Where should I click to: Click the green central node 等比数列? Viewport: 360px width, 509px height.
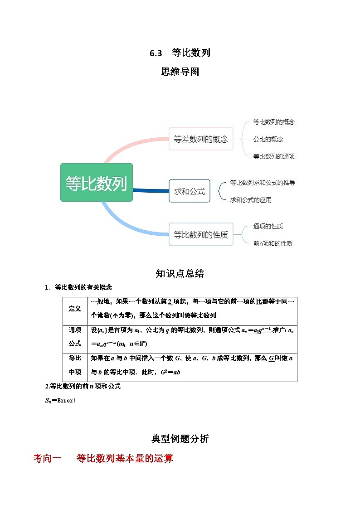tap(97, 183)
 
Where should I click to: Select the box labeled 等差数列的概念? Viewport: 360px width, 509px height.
tap(201, 139)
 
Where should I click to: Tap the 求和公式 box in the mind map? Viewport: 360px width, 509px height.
tap(189, 191)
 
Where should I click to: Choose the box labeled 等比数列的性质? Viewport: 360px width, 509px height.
tap(201, 234)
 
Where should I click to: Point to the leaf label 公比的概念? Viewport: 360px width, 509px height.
tap(268, 139)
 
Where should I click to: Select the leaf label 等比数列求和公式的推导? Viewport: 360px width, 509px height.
tap(263, 183)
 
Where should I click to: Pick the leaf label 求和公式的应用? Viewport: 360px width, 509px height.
tap(251, 200)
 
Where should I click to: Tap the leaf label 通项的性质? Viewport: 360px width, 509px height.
tap(268, 226)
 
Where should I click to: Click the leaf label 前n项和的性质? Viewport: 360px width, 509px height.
tap(272, 243)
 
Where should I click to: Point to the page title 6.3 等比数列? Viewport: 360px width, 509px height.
tap(180, 53)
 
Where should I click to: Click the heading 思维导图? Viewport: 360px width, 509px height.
tap(180, 72)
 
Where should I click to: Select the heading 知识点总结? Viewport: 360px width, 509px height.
tap(180, 273)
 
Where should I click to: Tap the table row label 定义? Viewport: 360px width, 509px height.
tap(75, 309)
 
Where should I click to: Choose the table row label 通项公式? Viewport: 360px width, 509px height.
tap(75, 337)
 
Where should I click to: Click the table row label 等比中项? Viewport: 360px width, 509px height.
tap(75, 365)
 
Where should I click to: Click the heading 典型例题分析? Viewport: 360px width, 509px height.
tap(180, 439)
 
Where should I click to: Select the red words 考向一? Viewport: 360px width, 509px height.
tap(47, 458)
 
